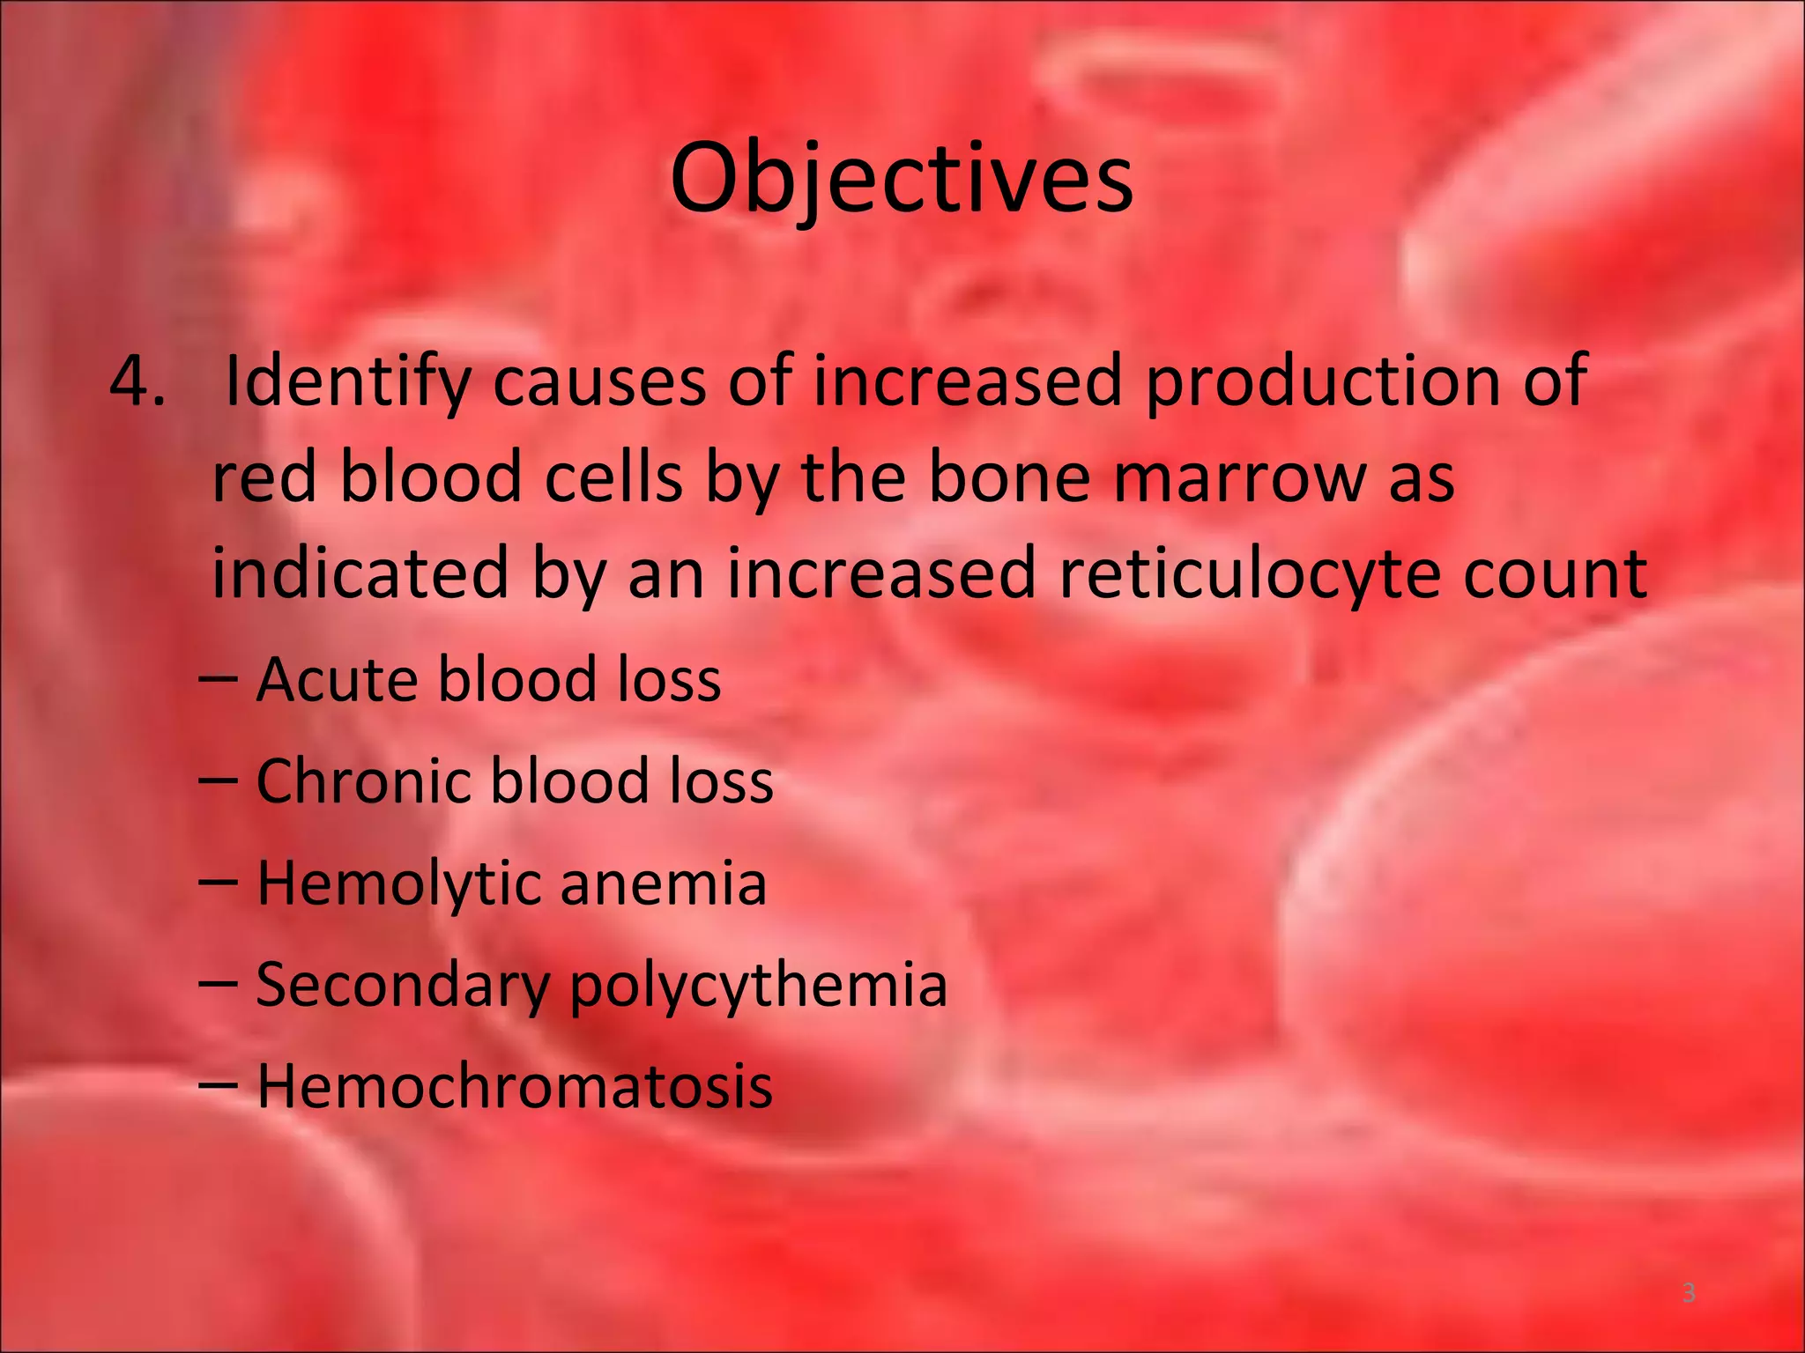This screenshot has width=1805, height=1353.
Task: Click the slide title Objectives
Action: (901, 181)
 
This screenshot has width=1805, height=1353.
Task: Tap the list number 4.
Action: (137, 381)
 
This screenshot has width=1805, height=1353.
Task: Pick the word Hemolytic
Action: (399, 884)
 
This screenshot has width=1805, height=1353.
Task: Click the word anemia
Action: (663, 884)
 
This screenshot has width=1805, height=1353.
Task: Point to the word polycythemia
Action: (759, 985)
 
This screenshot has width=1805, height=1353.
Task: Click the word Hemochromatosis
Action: (515, 1085)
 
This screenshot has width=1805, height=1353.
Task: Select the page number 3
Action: (1689, 1293)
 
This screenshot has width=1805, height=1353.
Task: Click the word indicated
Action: (360, 573)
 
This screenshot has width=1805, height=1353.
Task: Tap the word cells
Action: (613, 478)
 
